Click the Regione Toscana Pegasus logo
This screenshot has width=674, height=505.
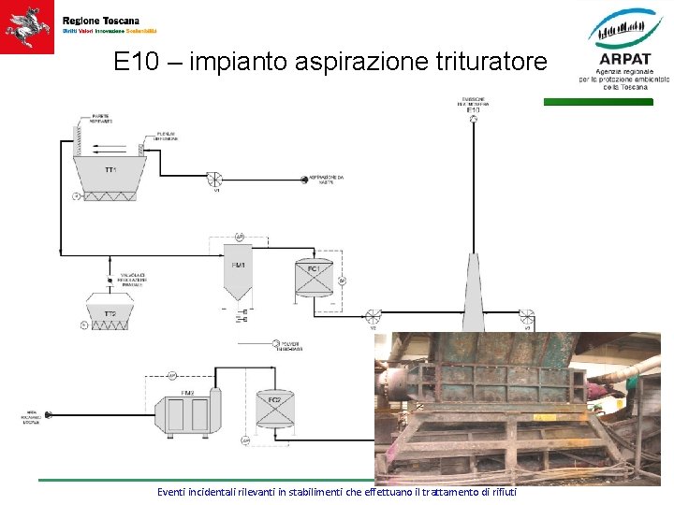27,27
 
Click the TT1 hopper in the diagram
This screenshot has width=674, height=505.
110,173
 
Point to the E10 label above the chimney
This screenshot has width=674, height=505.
473,109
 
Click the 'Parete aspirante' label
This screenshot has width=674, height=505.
101,119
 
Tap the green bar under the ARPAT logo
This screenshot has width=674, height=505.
598,102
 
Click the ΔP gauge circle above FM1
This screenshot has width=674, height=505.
239,238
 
